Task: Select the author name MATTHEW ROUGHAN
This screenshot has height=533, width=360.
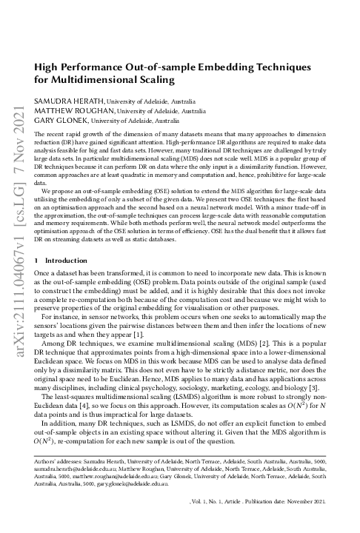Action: [63, 110]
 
